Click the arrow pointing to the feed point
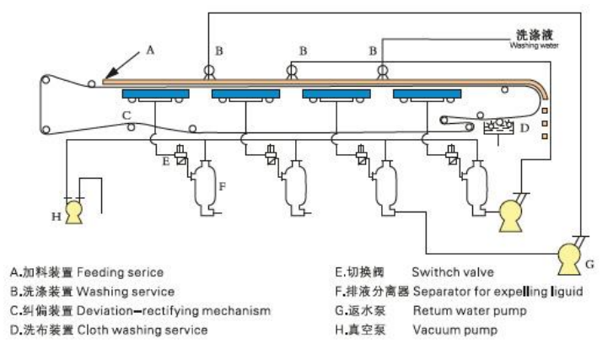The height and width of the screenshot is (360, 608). pyautogui.click(x=118, y=65)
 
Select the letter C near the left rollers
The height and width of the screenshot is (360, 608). pyautogui.click(x=125, y=113)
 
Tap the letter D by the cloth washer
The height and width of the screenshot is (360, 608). pyautogui.click(x=524, y=129)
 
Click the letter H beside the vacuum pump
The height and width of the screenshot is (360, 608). pyautogui.click(x=56, y=216)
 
